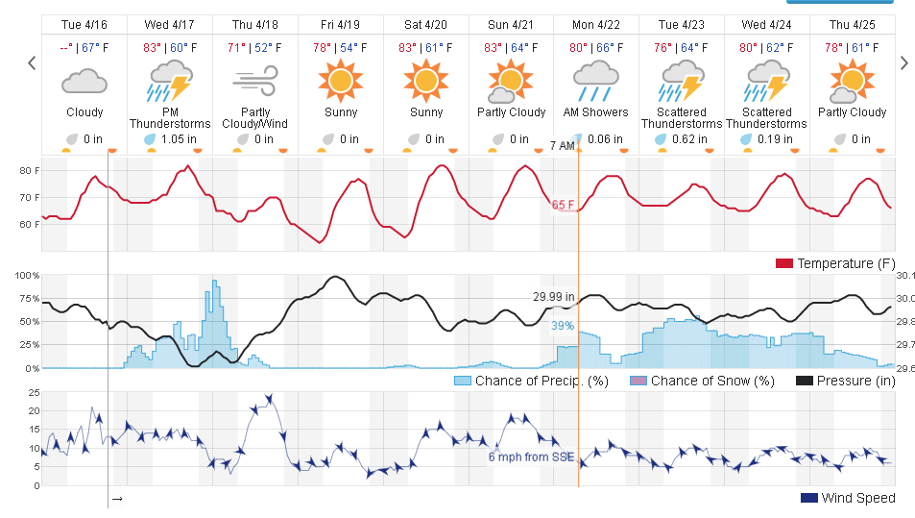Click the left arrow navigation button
(32, 63)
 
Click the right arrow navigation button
(903, 63)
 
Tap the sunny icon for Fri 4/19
(341, 82)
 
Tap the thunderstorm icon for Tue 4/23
(682, 82)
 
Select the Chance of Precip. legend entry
(531, 381)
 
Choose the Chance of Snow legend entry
(702, 381)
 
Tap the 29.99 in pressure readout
(554, 297)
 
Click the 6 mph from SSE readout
(531, 456)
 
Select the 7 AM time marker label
(563, 145)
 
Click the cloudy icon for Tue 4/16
(84, 82)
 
